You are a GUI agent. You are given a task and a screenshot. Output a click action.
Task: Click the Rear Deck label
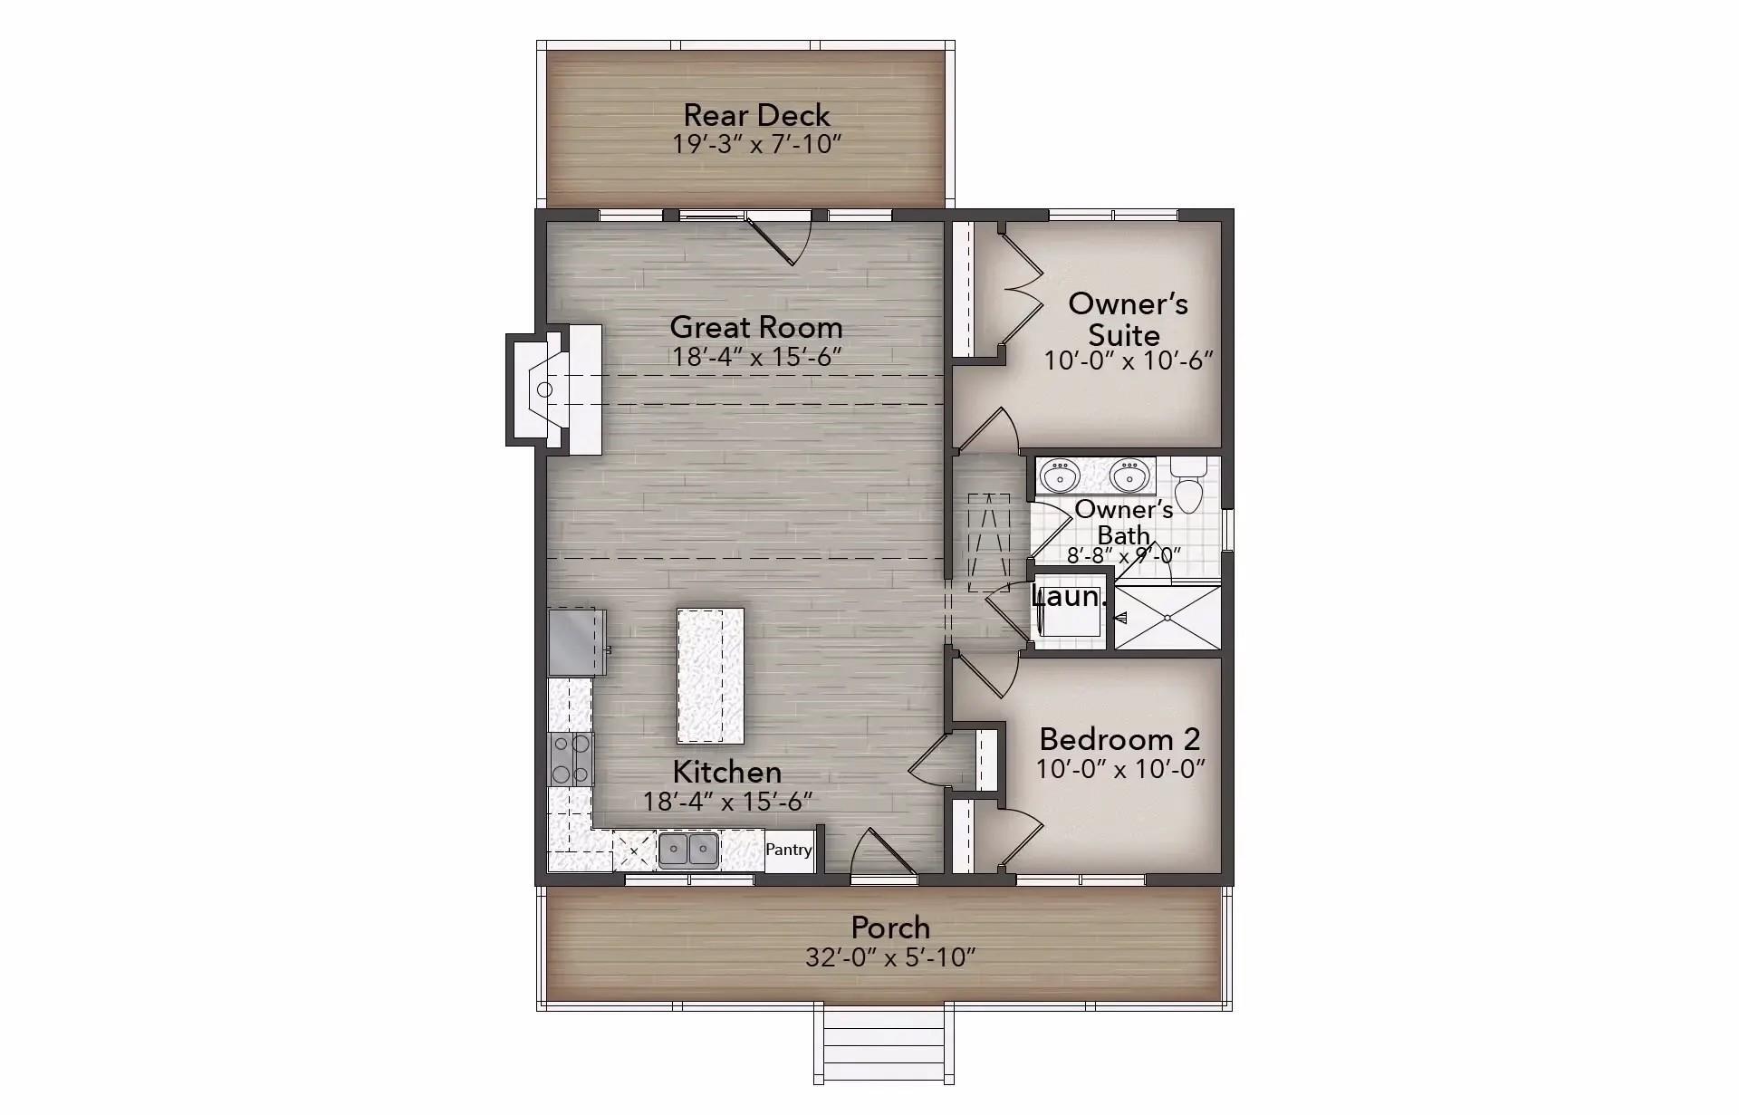pos(756,115)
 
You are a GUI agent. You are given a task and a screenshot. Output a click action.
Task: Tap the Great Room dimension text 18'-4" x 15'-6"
pos(756,357)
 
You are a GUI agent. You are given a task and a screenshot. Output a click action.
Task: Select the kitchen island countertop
pos(710,676)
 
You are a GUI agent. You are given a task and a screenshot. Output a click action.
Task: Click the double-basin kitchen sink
pos(688,851)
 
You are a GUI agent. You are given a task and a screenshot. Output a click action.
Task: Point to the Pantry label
pos(789,850)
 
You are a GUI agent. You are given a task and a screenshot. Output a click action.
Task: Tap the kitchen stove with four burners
pos(571,758)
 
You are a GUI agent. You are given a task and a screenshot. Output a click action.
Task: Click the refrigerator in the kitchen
pos(576,642)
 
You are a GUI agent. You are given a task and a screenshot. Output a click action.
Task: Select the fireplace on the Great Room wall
pos(552,389)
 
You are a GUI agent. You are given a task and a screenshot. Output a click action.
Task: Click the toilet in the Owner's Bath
pos(1187,485)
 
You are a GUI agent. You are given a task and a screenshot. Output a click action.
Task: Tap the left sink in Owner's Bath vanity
pos(1059,475)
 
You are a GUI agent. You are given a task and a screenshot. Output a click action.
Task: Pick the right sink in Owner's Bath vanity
pos(1129,475)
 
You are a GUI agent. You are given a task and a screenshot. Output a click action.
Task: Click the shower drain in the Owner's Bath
pos(1167,618)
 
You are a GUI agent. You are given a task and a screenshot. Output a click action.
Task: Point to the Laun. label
pos(1069,597)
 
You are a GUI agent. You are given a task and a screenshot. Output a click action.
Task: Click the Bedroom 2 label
pos(1119,739)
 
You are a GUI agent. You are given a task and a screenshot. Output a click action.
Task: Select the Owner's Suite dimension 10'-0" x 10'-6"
pos(1128,360)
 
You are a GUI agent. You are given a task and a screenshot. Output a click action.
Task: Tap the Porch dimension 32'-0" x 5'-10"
pos(890,957)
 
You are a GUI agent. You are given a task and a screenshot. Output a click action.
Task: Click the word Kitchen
pos(726,772)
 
